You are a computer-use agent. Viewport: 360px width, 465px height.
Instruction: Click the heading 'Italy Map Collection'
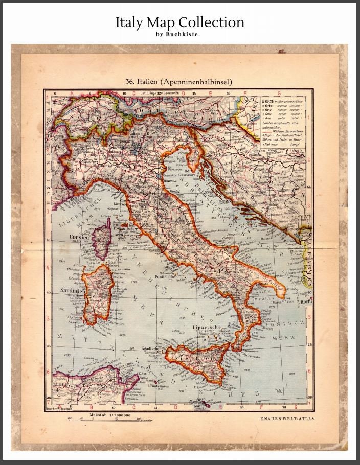(x=179, y=22)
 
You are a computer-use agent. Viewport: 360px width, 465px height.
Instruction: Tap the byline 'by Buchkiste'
(x=179, y=34)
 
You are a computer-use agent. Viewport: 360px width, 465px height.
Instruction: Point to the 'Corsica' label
(x=80, y=238)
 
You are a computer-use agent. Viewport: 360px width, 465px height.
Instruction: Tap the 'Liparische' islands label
(x=206, y=326)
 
